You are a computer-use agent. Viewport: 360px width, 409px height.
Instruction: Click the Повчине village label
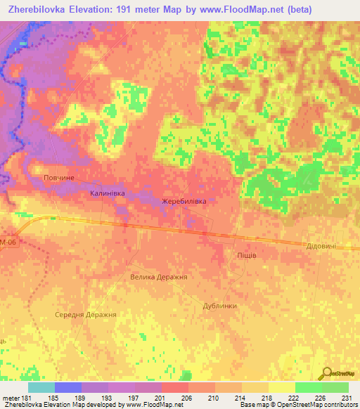coord(58,178)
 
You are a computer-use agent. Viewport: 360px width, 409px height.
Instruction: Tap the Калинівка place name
coord(107,193)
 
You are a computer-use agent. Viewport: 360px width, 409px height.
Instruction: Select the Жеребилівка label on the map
coord(184,201)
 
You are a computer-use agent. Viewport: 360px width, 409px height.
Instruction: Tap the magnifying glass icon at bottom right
coord(326,372)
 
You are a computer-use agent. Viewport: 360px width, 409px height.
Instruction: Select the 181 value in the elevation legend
coord(27,397)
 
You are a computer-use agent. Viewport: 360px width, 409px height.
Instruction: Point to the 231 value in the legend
coord(344,397)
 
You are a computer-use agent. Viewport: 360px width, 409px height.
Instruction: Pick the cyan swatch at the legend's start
coord(41,387)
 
